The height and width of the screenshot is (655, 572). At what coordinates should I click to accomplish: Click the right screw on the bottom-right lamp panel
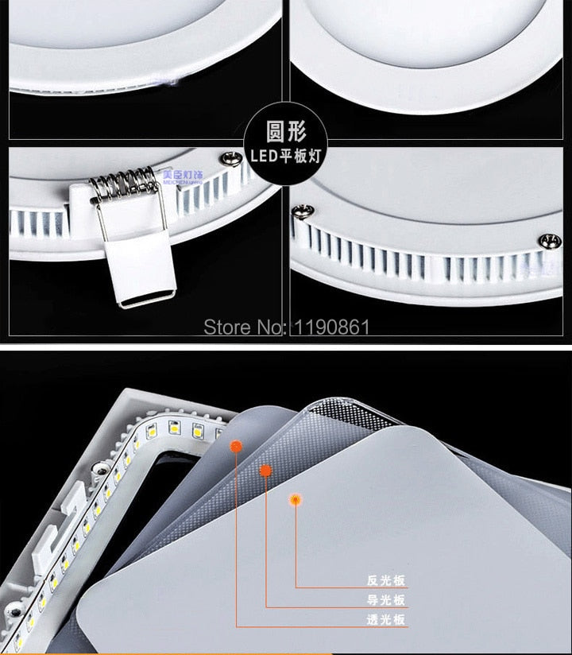coord(547,239)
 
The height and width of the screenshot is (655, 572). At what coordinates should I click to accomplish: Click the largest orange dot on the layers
coord(236,447)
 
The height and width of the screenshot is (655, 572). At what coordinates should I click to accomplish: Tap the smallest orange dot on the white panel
coord(296,500)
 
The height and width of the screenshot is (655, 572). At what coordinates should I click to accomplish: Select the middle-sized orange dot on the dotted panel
coord(265,471)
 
